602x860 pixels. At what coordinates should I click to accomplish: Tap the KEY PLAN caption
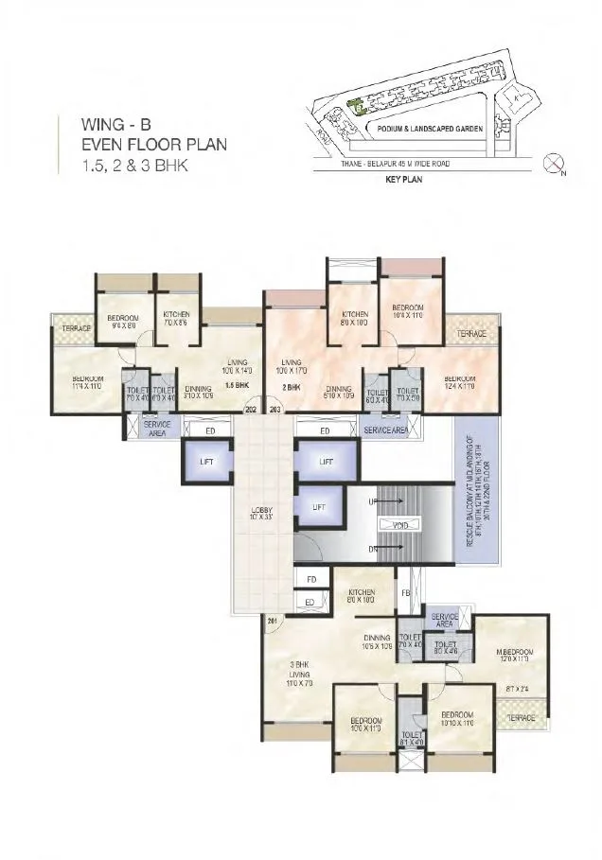point(402,179)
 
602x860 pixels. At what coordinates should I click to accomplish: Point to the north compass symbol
point(554,165)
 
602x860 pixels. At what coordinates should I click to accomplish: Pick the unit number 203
point(276,410)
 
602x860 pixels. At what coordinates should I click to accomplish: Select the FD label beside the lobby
point(310,579)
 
